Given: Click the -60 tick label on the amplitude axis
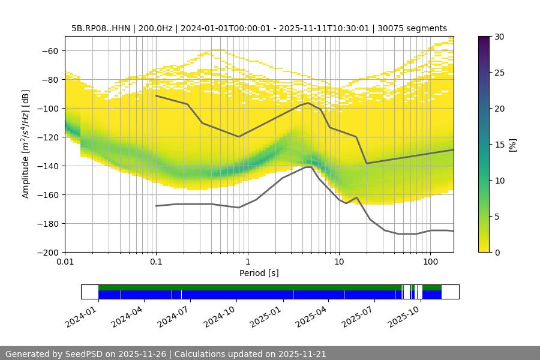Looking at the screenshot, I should click(49, 50).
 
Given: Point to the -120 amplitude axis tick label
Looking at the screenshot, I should click(47, 137).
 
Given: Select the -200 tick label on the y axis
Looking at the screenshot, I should click(47, 252).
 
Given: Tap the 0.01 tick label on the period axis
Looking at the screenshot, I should click(65, 262).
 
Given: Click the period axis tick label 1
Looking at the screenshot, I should click(247, 262).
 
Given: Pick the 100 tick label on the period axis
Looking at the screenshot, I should click(430, 262).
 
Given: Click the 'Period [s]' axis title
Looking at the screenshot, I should click(259, 273).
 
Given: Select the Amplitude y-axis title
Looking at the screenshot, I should click(26, 144).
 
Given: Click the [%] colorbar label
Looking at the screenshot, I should click(512, 144).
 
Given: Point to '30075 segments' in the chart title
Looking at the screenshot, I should click(412, 28).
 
